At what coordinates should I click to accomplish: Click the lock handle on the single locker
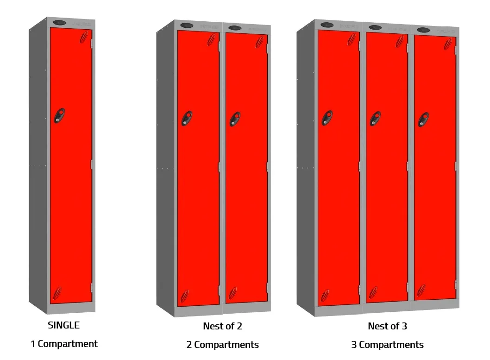(x=59, y=115)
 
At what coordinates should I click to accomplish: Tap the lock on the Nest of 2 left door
(x=187, y=118)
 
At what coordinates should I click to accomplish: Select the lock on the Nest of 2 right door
(x=235, y=119)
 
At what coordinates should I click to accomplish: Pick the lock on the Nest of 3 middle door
(x=375, y=119)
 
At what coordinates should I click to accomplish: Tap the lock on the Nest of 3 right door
(x=423, y=119)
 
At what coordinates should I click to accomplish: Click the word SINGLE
(x=64, y=325)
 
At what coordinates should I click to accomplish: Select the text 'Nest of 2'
(x=222, y=326)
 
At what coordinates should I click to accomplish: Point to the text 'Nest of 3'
(x=387, y=326)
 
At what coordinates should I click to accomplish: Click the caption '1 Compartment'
(x=64, y=344)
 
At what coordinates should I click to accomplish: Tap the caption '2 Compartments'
(x=223, y=345)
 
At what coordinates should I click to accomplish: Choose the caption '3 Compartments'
(x=387, y=345)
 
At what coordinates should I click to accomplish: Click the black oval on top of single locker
(x=60, y=22)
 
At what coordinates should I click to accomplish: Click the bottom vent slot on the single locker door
(x=57, y=292)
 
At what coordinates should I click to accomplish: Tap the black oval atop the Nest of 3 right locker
(x=423, y=30)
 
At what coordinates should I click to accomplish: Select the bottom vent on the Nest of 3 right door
(x=421, y=291)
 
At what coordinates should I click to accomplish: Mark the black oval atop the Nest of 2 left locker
(x=186, y=25)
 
